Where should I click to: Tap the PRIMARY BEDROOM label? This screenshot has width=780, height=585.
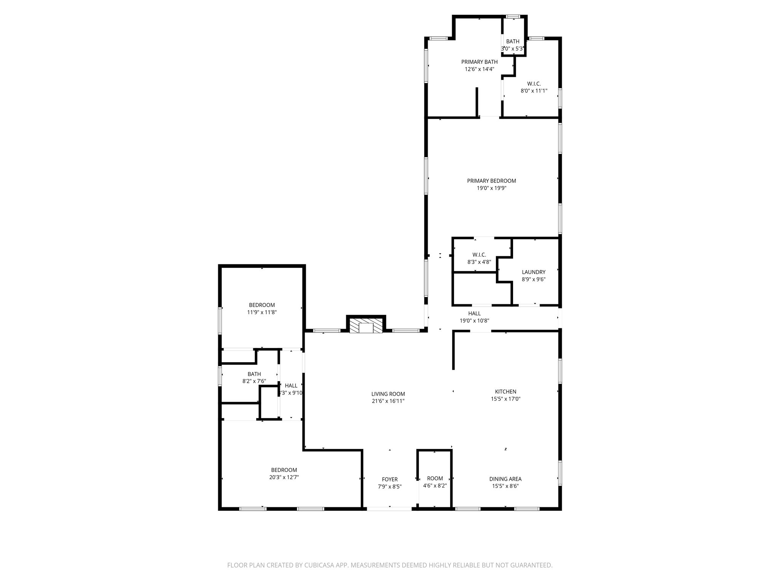point(491,181)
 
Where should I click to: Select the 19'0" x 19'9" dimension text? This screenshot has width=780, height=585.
point(491,188)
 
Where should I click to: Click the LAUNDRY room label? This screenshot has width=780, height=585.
point(533,272)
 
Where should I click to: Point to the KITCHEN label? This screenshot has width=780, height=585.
point(505,392)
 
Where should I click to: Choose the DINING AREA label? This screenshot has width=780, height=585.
point(505,479)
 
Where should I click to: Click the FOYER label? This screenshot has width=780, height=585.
point(390,479)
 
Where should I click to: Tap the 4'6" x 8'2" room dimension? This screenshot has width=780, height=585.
point(435,486)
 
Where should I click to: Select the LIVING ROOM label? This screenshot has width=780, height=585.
point(388,394)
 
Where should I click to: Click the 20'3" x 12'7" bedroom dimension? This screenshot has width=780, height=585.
point(284,477)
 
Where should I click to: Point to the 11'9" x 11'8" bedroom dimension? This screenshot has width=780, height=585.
point(262,312)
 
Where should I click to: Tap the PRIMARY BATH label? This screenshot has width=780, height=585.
point(479,62)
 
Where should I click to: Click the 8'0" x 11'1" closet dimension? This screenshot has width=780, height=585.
point(534,91)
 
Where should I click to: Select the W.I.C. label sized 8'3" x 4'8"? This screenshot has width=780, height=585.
point(479,254)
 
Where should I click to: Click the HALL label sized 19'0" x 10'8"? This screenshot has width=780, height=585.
point(474,313)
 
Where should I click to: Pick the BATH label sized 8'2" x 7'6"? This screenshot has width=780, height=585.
point(254,374)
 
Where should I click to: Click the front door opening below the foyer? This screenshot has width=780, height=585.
point(389,509)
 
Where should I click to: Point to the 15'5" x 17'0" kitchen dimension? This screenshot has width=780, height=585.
point(505,399)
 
